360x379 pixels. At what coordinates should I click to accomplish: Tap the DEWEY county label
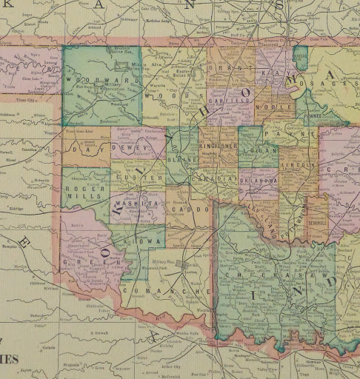130,147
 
